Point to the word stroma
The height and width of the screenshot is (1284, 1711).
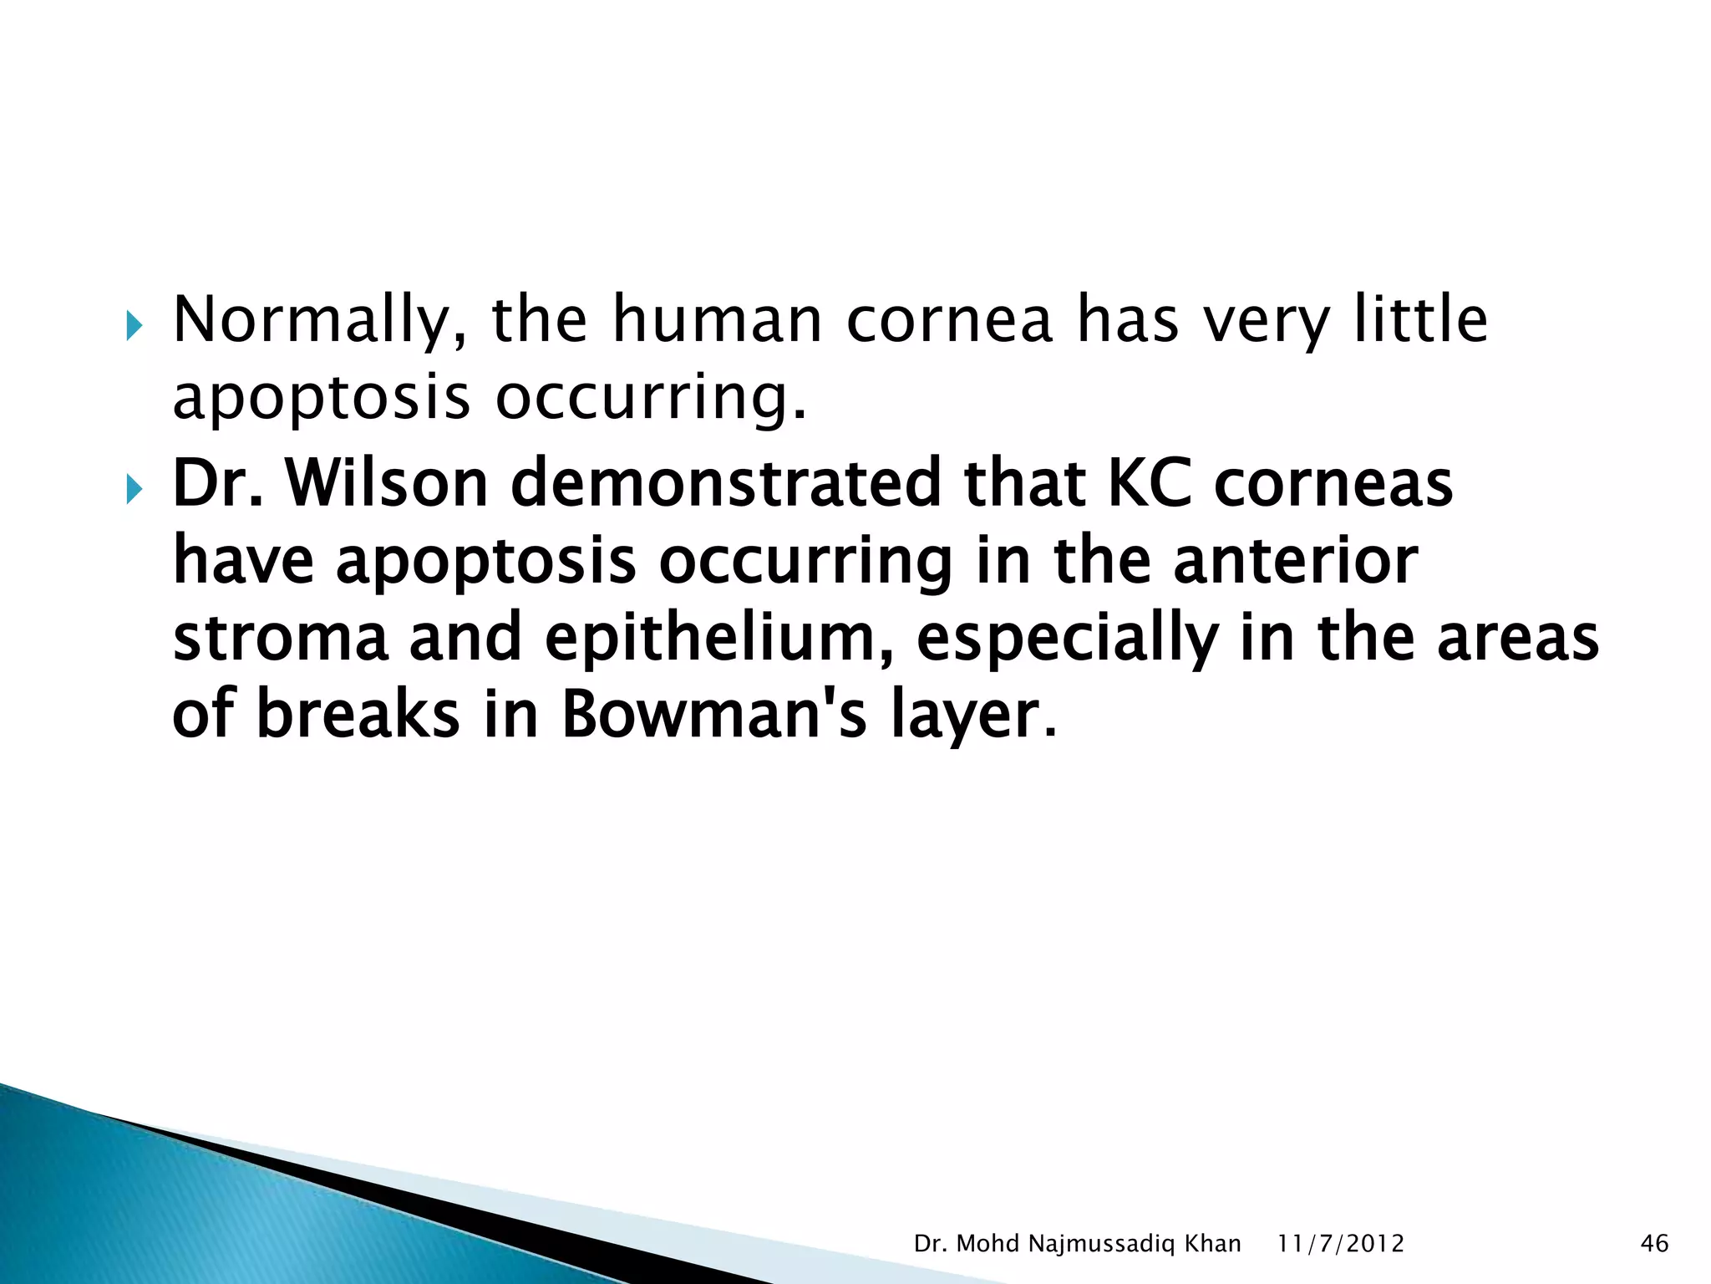click(x=280, y=638)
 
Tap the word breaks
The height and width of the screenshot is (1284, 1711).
click(x=358, y=715)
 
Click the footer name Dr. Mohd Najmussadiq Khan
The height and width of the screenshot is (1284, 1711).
click(x=1077, y=1244)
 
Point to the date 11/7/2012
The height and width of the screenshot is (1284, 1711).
click(x=1341, y=1244)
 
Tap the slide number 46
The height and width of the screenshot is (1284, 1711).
click(x=1654, y=1244)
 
